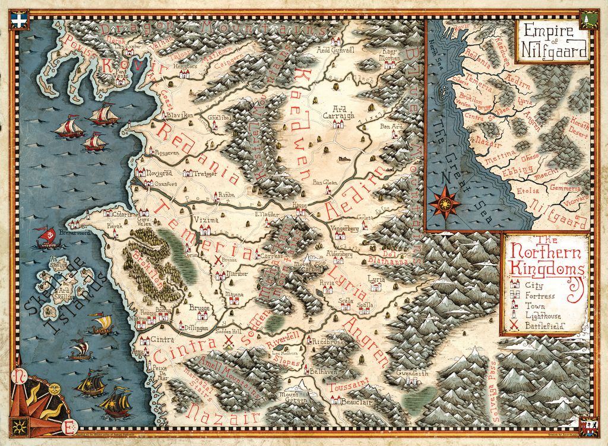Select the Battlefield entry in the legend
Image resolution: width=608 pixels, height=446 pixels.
click(541, 327)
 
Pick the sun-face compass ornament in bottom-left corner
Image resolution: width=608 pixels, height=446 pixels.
click(54, 388)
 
